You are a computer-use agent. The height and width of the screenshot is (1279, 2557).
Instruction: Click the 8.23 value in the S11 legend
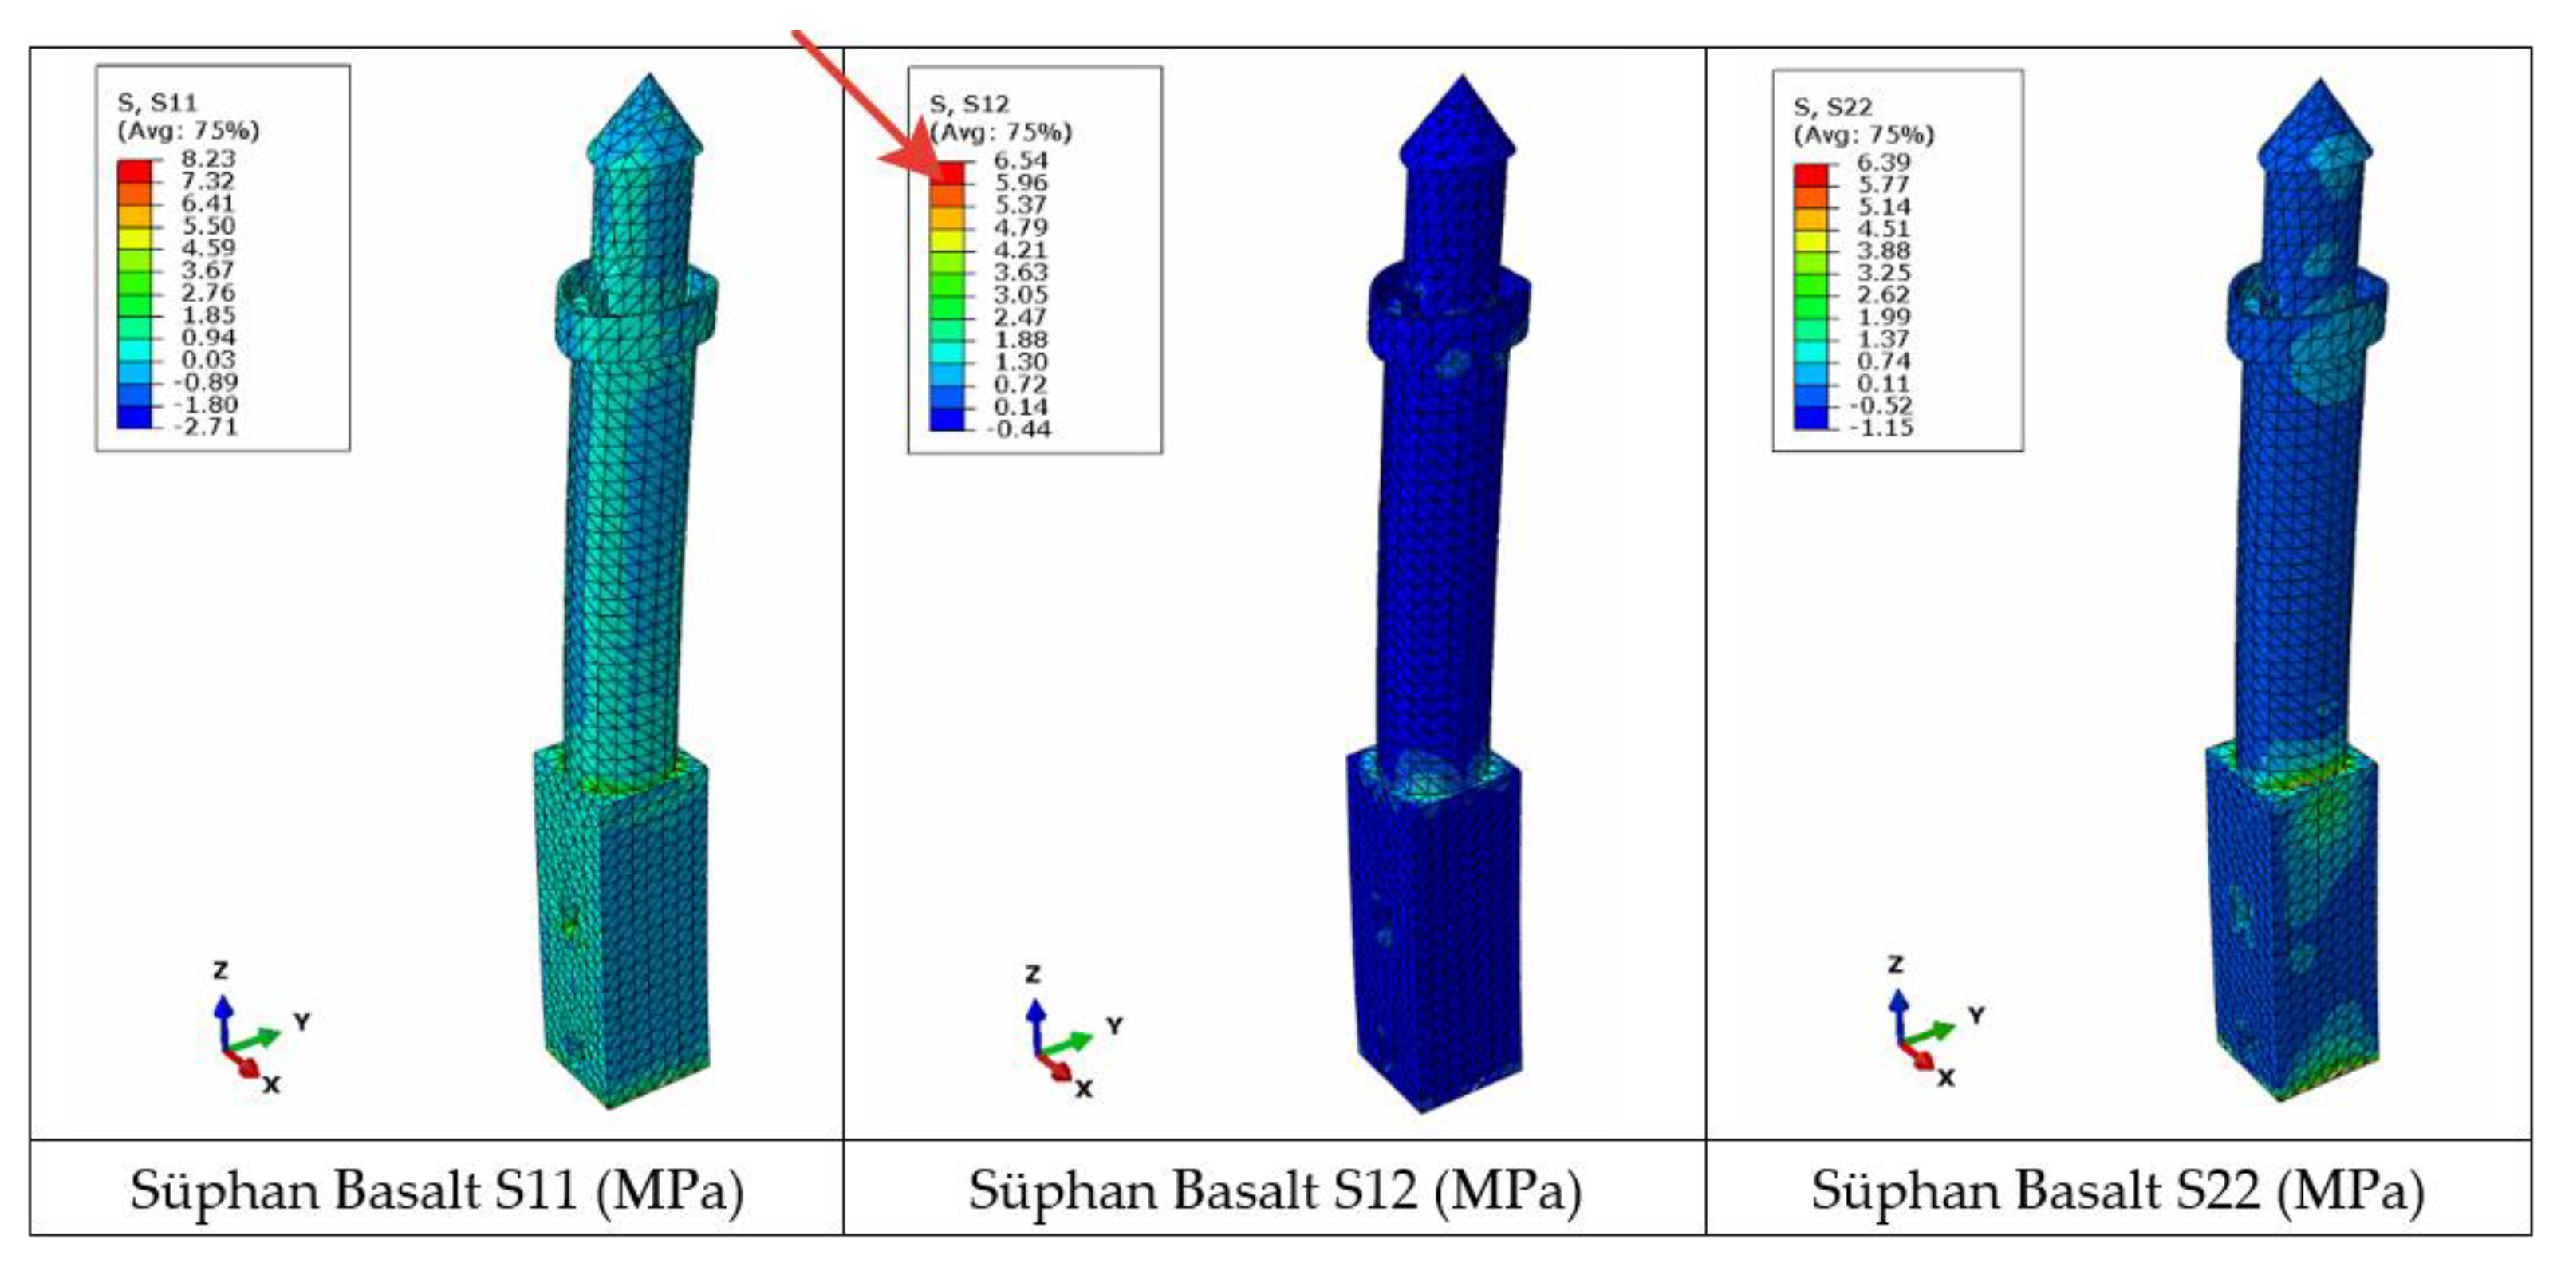(207, 159)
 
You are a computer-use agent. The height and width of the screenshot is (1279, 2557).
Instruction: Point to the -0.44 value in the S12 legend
(1018, 430)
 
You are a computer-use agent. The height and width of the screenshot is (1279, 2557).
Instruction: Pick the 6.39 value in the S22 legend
(1883, 163)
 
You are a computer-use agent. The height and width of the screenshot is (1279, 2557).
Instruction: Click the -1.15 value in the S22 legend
(1880, 428)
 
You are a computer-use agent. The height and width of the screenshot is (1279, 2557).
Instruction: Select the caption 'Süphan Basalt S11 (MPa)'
(437, 1190)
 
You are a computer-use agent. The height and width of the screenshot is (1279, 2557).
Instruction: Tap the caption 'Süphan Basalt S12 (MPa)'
(1275, 1190)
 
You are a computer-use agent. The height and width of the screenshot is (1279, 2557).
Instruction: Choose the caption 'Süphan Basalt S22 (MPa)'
(2118, 1190)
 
